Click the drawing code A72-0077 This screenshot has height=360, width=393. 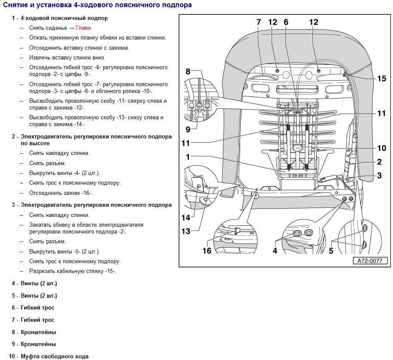[370, 261]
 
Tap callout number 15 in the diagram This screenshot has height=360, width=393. [382, 79]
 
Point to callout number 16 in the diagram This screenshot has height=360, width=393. [207, 251]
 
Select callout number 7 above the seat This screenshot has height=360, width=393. [258, 22]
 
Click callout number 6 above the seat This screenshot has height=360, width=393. [286, 22]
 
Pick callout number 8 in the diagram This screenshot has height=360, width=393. [188, 71]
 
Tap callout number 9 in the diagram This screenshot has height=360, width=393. [188, 129]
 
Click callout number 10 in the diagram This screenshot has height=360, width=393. [382, 148]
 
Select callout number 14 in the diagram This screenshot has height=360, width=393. [186, 218]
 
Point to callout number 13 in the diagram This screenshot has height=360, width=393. [186, 231]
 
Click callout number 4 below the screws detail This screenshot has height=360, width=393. [275, 251]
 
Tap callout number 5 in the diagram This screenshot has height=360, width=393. [331, 251]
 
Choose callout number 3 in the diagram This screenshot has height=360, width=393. [379, 175]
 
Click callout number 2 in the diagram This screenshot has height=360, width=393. [379, 162]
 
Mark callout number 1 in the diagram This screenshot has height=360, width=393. [188, 157]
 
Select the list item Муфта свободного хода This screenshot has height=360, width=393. [55, 356]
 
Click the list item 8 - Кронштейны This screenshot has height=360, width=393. [34, 332]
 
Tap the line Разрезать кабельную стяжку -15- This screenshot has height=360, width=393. [73, 271]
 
